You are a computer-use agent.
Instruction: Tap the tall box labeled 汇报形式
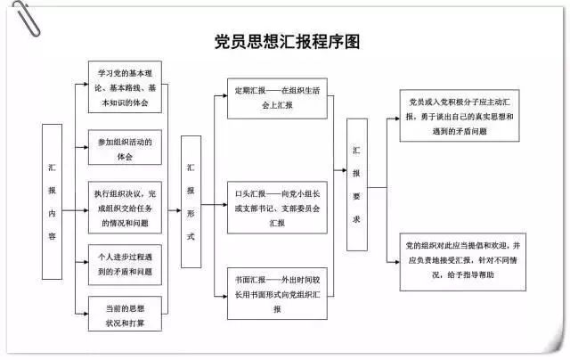point(191,202)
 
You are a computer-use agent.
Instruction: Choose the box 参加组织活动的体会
point(125,148)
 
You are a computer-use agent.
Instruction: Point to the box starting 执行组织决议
point(126,206)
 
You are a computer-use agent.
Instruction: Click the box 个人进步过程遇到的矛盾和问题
point(125,264)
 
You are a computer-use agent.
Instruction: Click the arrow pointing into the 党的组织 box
point(393,262)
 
